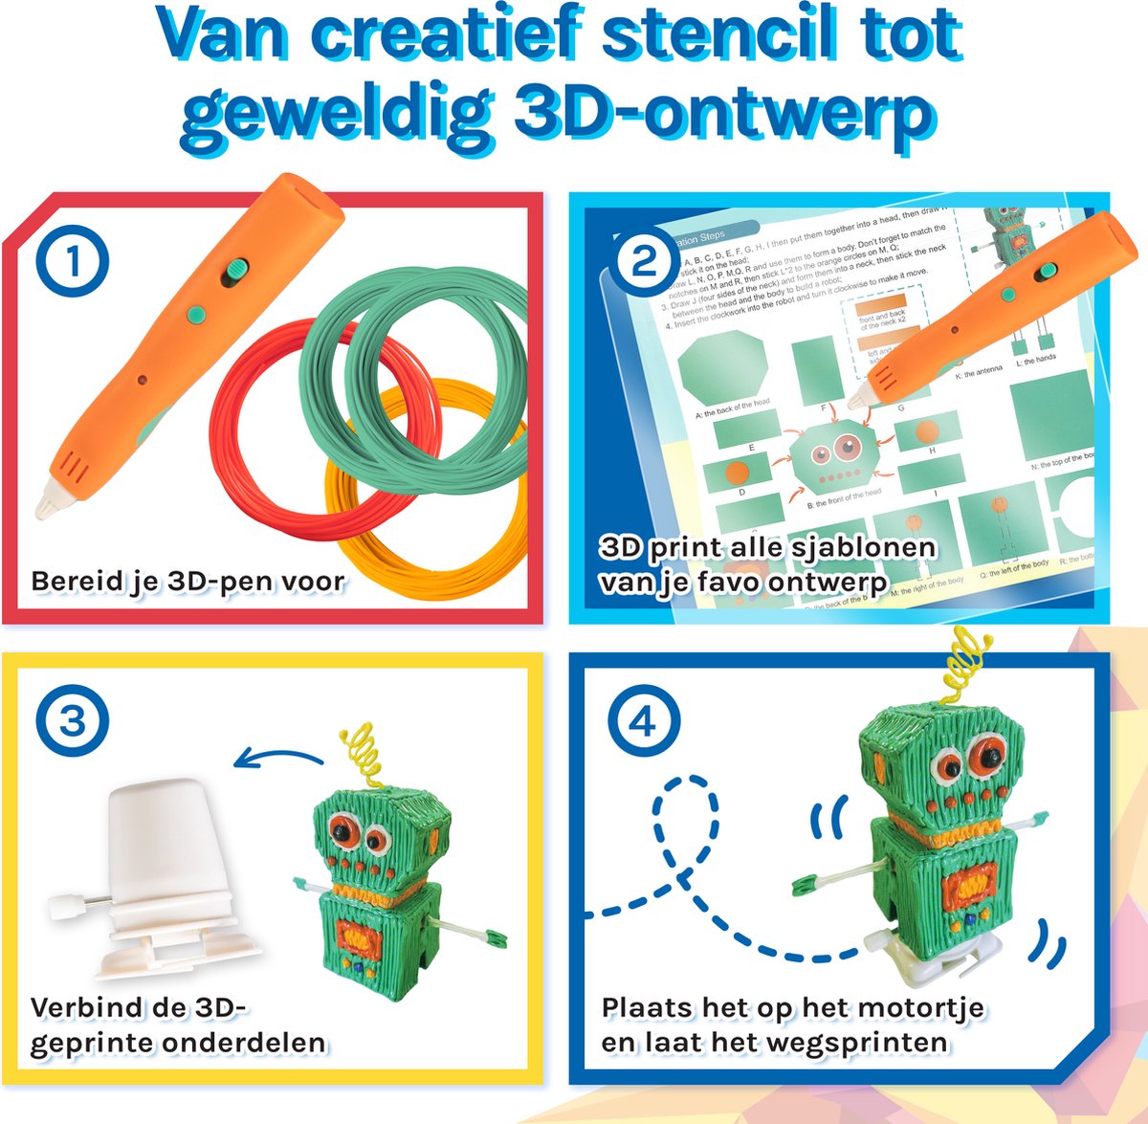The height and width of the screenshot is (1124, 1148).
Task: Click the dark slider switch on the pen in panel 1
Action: (232, 272)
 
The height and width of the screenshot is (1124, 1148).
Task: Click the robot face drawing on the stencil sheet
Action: (831, 458)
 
